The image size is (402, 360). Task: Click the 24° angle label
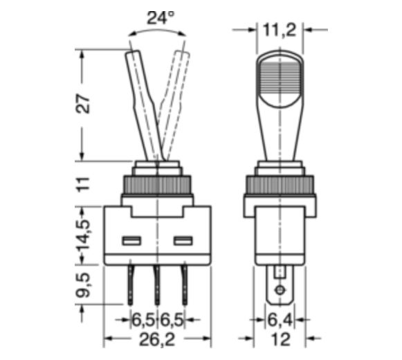[x=161, y=17]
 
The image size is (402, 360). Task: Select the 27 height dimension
[x=83, y=104]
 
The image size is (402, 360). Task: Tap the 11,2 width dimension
[x=280, y=30]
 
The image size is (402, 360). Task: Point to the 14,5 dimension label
[x=83, y=234]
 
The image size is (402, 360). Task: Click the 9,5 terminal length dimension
[x=83, y=285]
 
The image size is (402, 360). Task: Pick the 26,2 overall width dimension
[x=157, y=339]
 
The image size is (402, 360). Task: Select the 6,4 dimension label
[x=280, y=320]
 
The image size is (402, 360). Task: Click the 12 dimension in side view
[x=281, y=339]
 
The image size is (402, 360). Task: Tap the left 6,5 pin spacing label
[x=143, y=320]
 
